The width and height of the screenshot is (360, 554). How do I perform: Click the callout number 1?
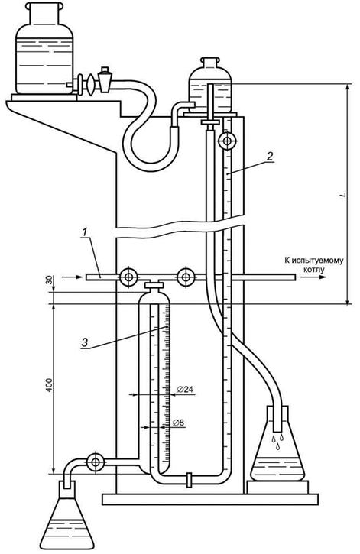coord(84,232)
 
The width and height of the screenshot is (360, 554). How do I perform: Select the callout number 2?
coord(270,156)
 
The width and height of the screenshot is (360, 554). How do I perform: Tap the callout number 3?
coord(85,342)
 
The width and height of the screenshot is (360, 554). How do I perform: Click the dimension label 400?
coord(49,385)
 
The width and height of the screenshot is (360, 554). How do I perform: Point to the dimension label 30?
coord(49,280)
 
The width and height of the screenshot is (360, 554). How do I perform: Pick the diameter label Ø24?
coord(185,390)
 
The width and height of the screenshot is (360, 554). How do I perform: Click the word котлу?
coord(313,270)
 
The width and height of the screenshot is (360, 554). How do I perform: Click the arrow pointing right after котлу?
coord(313,277)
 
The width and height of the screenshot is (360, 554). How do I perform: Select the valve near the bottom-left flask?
coord(96,462)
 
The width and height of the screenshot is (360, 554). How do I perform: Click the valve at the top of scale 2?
coord(227,141)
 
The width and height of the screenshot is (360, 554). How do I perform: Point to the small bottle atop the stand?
coord(210,86)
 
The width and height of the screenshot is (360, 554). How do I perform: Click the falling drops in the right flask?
coord(277,442)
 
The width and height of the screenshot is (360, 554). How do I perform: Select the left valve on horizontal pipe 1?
coord(128,277)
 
